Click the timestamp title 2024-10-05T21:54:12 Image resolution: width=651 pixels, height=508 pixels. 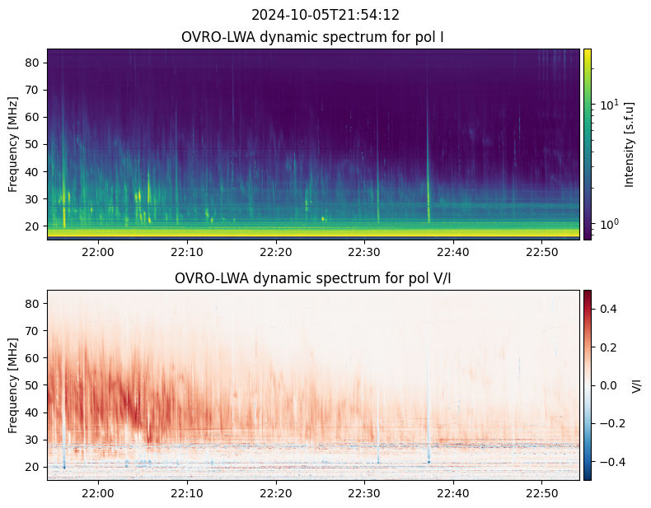tap(325, 15)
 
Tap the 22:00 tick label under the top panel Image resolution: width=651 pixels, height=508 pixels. tap(98, 251)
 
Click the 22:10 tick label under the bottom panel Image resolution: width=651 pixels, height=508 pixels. tap(187, 492)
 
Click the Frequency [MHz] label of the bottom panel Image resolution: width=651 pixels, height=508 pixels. tap(13, 385)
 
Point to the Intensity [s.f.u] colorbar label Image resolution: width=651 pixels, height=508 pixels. tap(630, 144)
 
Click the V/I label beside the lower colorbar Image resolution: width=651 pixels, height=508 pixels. tap(636, 385)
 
